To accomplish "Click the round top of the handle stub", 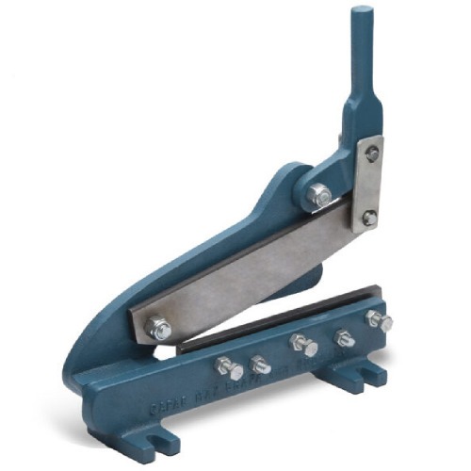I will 362,12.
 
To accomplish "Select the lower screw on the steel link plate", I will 368,219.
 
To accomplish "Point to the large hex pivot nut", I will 319,196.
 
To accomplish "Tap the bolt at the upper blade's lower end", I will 159,329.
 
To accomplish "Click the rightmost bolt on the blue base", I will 381,320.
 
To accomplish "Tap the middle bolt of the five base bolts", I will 303,345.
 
